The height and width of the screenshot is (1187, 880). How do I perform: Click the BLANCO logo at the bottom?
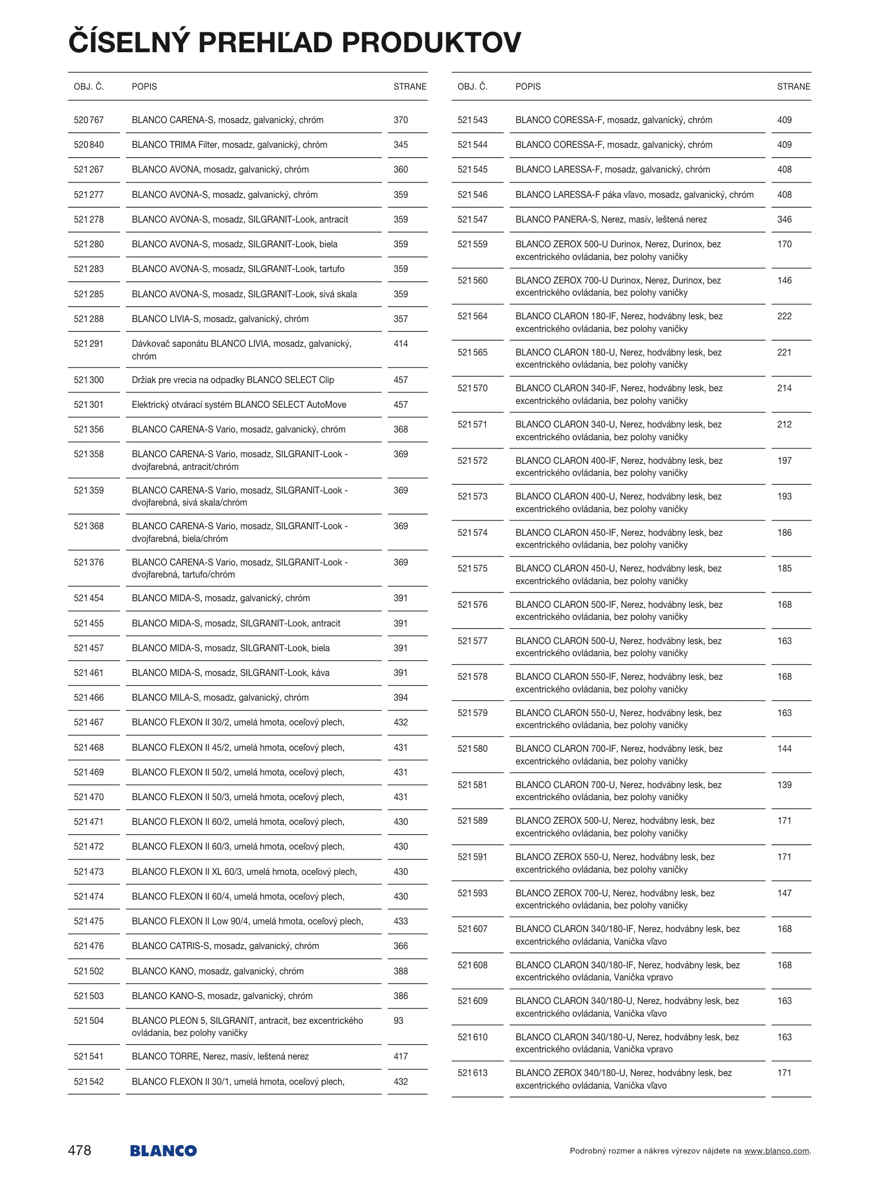[x=163, y=1151]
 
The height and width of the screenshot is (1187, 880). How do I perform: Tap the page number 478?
[x=80, y=1150]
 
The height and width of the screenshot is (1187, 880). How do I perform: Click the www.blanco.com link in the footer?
[x=776, y=1151]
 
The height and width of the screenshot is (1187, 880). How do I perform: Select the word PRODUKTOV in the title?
[x=431, y=42]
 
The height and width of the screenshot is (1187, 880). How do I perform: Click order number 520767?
[x=88, y=120]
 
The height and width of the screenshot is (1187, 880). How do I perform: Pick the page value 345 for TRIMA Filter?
[x=401, y=145]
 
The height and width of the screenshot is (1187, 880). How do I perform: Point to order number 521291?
[x=88, y=343]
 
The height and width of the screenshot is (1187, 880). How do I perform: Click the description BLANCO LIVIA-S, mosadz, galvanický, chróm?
[x=220, y=319]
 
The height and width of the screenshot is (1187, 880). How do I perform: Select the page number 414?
[x=401, y=343]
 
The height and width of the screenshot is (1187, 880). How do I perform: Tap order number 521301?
[x=88, y=404]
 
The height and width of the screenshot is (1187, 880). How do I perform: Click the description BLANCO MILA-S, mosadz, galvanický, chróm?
[x=220, y=697]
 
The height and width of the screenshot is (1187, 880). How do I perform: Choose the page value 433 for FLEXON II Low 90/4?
[x=401, y=921]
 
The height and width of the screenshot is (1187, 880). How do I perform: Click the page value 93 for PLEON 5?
[x=399, y=1020]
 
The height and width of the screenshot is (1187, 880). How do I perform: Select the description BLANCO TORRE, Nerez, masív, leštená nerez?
[x=220, y=1056]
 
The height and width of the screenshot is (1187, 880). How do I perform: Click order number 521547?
[x=472, y=219]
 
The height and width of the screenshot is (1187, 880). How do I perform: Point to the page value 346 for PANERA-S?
[x=784, y=219]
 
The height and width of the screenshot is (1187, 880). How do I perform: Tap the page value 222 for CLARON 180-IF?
[x=784, y=316]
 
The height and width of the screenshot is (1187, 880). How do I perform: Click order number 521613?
[x=472, y=1073]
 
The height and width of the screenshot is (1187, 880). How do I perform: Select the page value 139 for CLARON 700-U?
[x=784, y=785]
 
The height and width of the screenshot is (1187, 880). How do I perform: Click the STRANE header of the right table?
[x=793, y=86]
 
